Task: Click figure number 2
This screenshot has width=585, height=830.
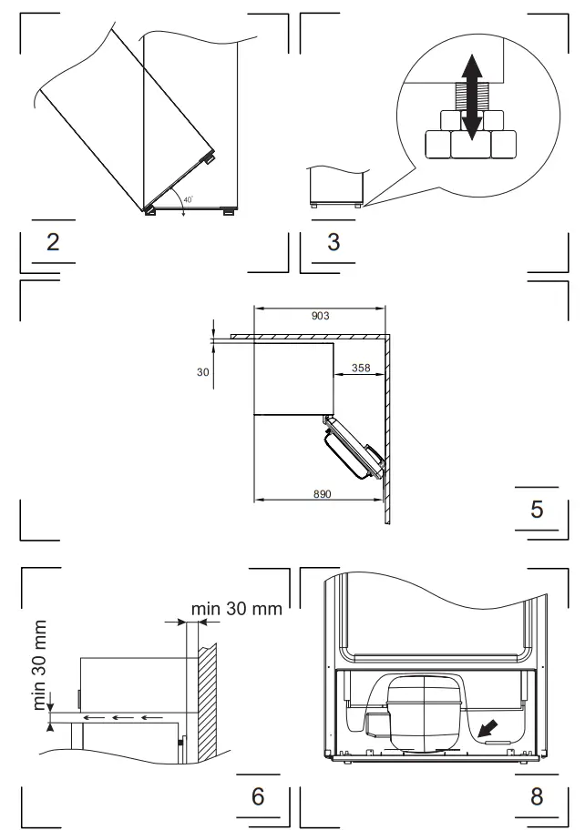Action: pos(53,242)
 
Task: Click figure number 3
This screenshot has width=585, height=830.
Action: pos(334,242)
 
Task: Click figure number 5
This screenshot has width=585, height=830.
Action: pos(537,510)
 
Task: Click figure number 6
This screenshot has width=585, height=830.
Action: pos(258,796)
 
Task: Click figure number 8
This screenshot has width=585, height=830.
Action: pos(537,796)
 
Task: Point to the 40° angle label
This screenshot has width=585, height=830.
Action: pos(188,200)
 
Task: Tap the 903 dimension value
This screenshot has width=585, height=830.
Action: pos(320,316)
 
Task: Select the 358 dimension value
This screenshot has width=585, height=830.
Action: pos(361,368)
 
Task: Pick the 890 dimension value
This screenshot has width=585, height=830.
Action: pos(323,494)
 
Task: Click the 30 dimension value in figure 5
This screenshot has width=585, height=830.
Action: pos(203,372)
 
